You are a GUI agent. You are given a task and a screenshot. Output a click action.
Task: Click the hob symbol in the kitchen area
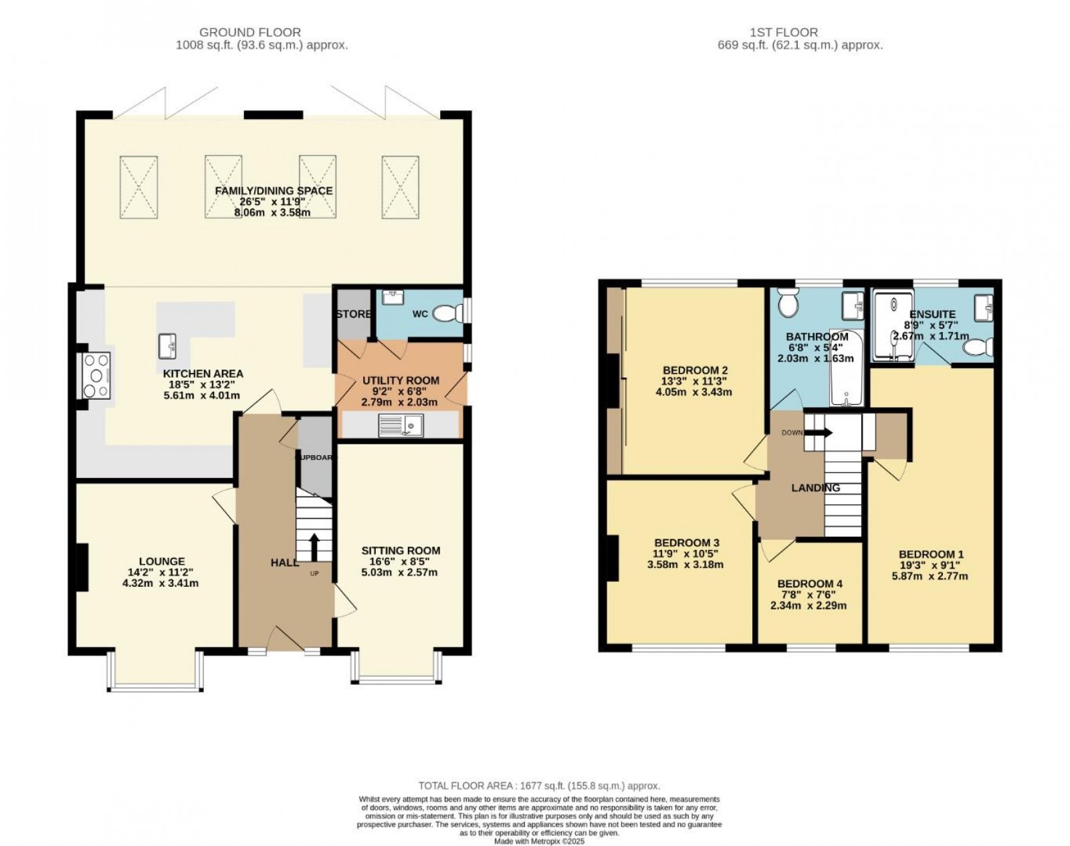(95, 375)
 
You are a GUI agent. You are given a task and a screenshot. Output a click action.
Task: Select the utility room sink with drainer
(401, 424)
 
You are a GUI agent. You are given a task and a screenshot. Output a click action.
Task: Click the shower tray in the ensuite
(889, 326)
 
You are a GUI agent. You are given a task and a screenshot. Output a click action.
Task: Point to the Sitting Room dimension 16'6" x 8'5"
(401, 562)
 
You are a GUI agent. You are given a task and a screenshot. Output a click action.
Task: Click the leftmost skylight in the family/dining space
(139, 186)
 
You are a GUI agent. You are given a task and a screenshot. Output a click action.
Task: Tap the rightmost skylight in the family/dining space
(401, 186)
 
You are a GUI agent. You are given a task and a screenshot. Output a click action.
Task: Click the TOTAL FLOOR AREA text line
(539, 787)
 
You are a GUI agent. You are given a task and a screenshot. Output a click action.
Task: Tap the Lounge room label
(162, 561)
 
